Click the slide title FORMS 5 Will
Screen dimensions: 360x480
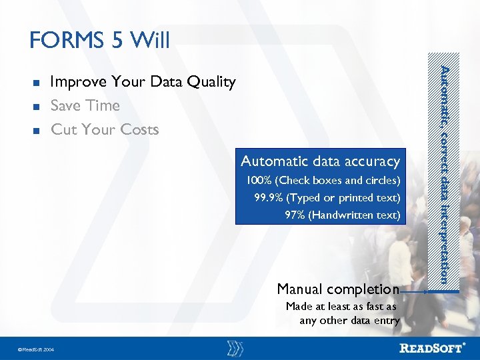click(100, 41)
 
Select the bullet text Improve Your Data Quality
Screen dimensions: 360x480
click(143, 82)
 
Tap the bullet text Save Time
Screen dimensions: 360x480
click(85, 106)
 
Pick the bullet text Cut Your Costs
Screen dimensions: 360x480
click(105, 129)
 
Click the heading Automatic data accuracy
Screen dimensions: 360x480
click(320, 161)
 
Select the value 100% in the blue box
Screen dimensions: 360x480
click(258, 181)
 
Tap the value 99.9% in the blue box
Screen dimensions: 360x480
click(267, 198)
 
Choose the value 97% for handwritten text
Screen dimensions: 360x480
click(293, 215)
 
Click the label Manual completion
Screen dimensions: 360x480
click(337, 289)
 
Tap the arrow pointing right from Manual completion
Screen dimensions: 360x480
click(414, 291)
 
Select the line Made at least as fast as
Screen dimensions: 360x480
click(341, 307)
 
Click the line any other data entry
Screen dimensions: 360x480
click(349, 321)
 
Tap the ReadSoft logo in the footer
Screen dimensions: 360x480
click(433, 347)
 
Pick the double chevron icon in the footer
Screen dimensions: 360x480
click(235, 347)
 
